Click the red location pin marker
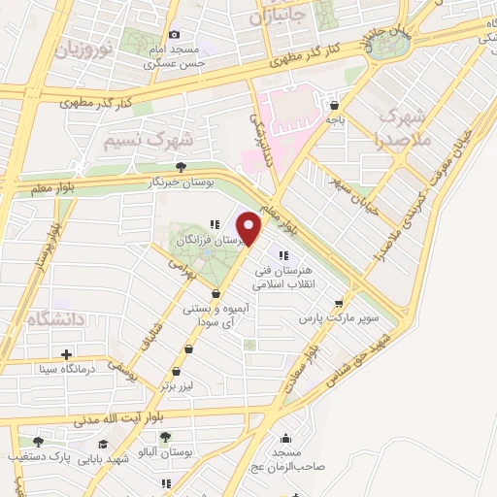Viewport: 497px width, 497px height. (x=250, y=228)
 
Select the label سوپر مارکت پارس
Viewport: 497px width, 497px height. (x=336, y=317)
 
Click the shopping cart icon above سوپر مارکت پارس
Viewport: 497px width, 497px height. (x=338, y=302)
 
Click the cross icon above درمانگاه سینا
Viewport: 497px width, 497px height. (x=66, y=354)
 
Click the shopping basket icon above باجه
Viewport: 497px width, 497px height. (x=335, y=105)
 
